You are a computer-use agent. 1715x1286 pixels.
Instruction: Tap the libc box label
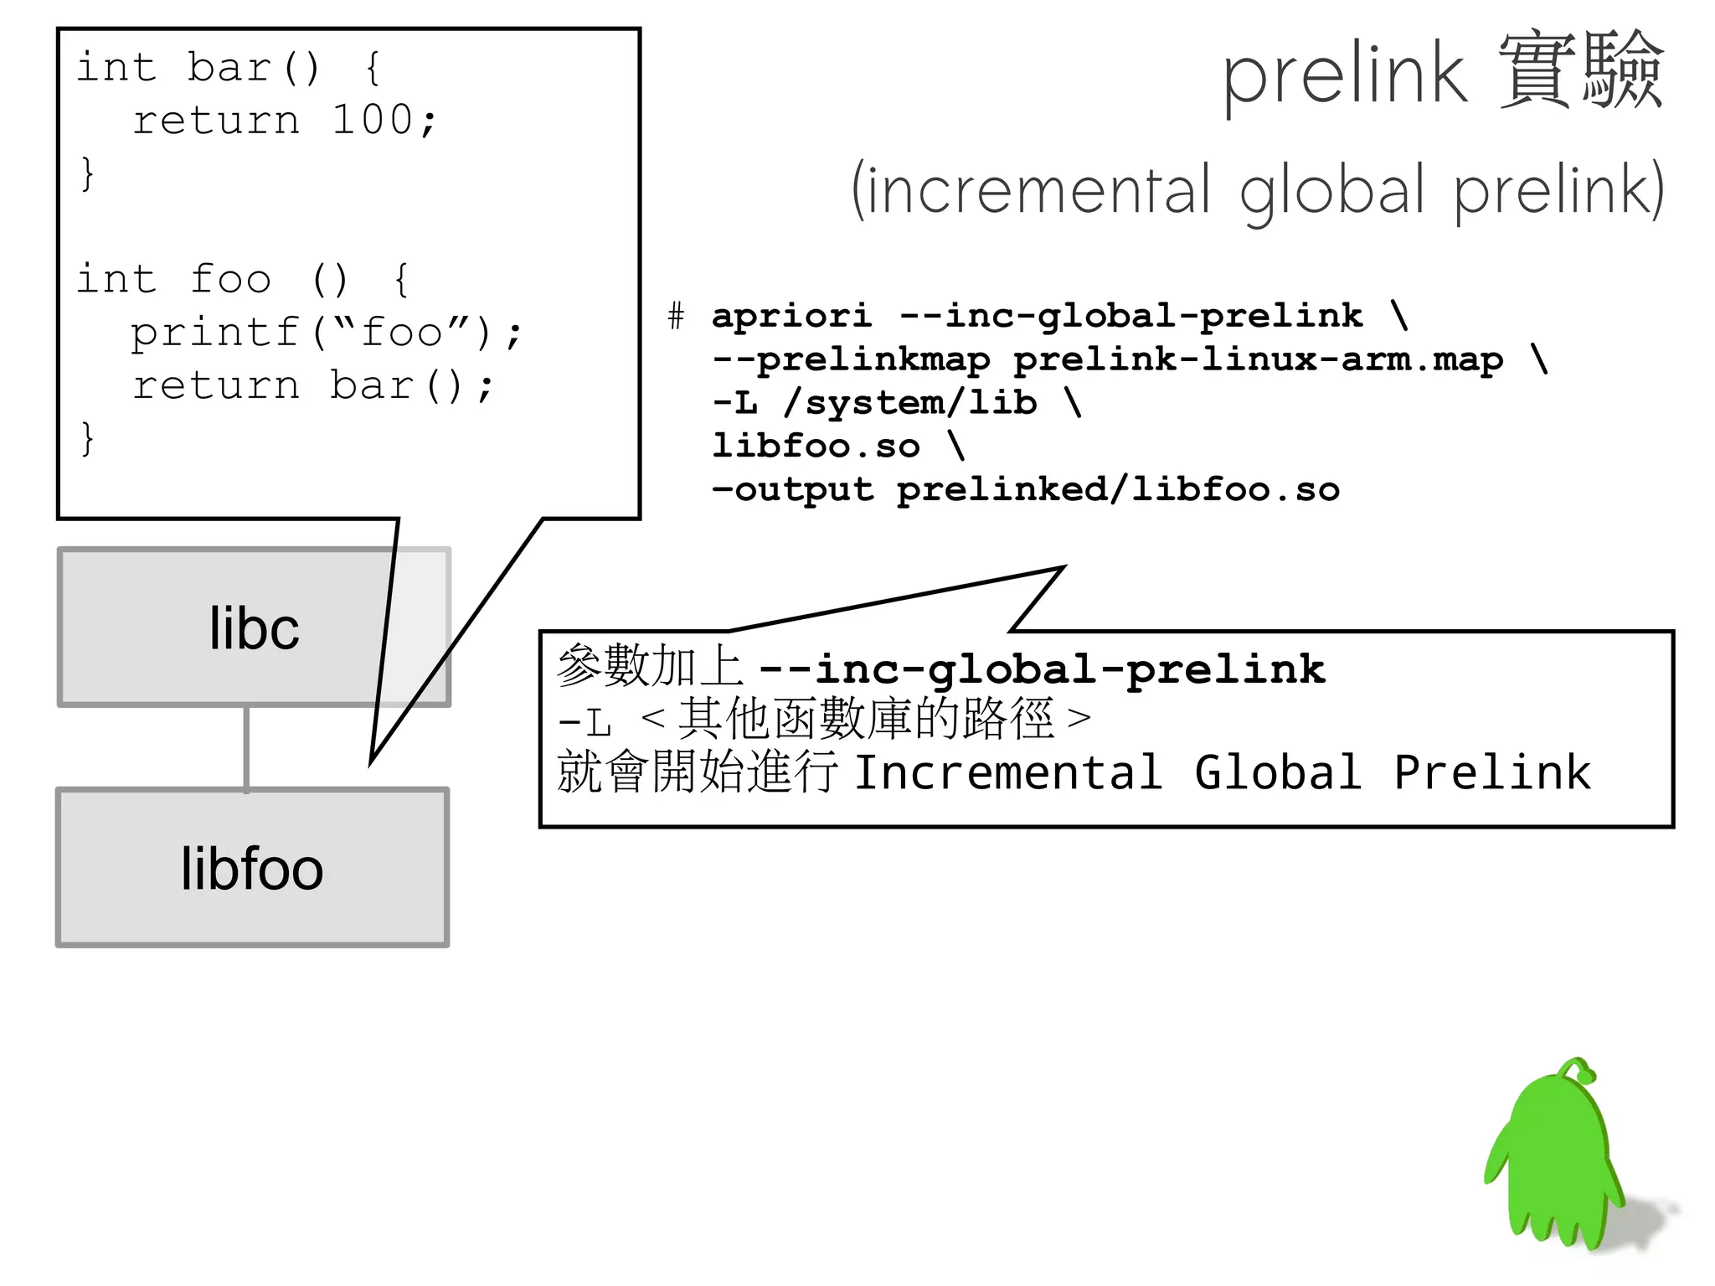pyautogui.click(x=254, y=628)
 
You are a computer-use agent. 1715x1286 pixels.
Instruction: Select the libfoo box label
pyautogui.click(x=252, y=869)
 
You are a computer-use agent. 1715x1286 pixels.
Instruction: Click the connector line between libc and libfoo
pyautogui.click(x=246, y=748)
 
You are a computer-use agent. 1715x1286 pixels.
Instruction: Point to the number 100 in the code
pyautogui.click(x=372, y=120)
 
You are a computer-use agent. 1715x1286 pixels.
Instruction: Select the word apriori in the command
pyautogui.click(x=791, y=316)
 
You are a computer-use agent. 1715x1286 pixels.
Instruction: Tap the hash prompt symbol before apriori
pyautogui.click(x=676, y=317)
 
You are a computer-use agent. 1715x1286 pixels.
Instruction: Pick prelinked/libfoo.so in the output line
pyautogui.click(x=1117, y=490)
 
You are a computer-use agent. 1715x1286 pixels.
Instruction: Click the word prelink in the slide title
pyautogui.click(x=1345, y=75)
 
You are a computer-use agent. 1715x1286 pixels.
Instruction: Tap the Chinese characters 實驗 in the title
pyautogui.click(x=1580, y=71)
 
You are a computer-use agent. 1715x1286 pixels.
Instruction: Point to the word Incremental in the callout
pyautogui.click(x=1008, y=772)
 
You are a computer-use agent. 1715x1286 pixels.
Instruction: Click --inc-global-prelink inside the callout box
pyautogui.click(x=1042, y=669)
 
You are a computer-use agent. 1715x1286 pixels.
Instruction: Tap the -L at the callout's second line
pyautogui.click(x=585, y=721)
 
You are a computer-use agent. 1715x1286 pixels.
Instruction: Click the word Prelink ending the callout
pyautogui.click(x=1491, y=772)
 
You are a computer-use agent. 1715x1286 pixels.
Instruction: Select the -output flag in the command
pyautogui.click(x=792, y=490)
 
